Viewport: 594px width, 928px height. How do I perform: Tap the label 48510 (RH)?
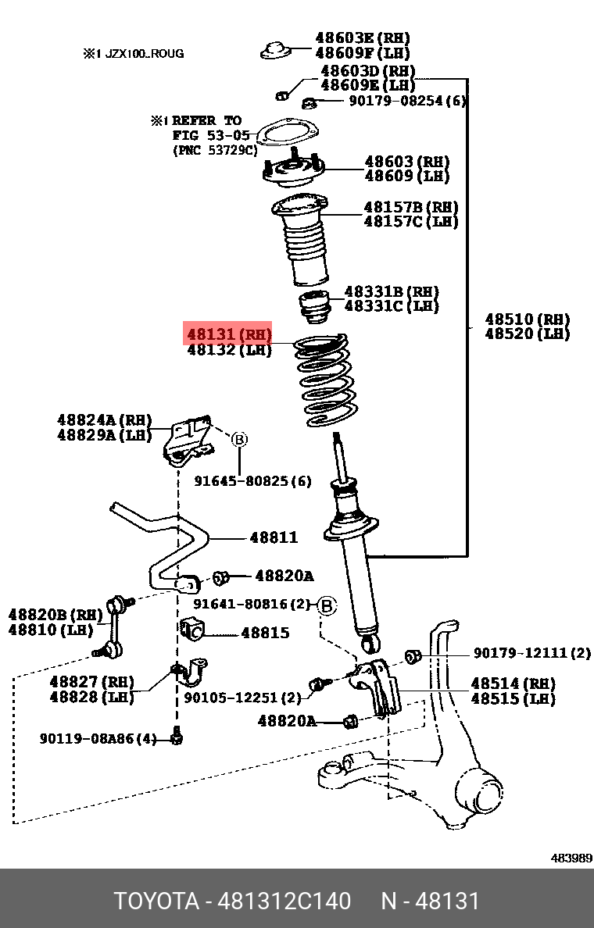pyautogui.click(x=527, y=319)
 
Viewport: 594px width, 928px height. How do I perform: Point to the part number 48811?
pyautogui.click(x=274, y=537)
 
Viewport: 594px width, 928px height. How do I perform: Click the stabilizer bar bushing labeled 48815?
pyautogui.click(x=192, y=628)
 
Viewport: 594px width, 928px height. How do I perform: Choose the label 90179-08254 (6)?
pyautogui.click(x=407, y=101)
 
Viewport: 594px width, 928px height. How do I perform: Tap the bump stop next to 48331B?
pyautogui.click(x=314, y=307)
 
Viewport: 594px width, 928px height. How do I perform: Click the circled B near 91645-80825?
pyautogui.click(x=239, y=440)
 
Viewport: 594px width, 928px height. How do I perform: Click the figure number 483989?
pyautogui.click(x=571, y=858)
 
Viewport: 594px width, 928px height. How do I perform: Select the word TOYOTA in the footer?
pyautogui.click(x=156, y=901)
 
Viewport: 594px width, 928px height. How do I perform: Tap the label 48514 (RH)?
pyautogui.click(x=513, y=684)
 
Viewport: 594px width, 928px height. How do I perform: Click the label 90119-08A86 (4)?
pyautogui.click(x=98, y=737)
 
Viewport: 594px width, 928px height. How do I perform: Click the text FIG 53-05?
pyautogui.click(x=211, y=135)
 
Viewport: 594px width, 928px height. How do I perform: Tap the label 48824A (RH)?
pyautogui.click(x=104, y=421)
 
